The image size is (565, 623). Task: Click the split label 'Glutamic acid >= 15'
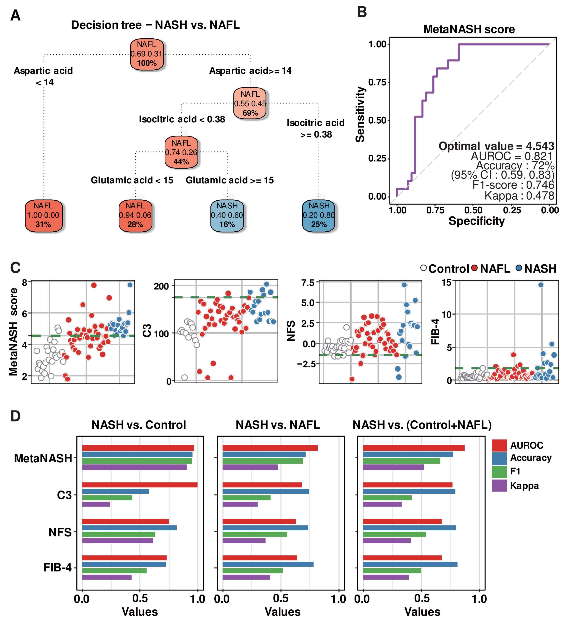tap(230, 180)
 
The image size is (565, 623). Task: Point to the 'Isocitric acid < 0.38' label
tap(182, 119)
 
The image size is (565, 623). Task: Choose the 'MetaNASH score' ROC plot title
tap(469, 29)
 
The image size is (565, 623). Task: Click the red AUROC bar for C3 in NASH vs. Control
tap(140, 485)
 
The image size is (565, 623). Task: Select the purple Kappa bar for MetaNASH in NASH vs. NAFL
tap(250, 467)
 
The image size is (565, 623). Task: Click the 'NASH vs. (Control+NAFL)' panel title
tap(422, 425)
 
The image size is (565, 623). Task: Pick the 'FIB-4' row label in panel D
tap(58, 567)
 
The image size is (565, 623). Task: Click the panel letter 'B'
tap(362, 12)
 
